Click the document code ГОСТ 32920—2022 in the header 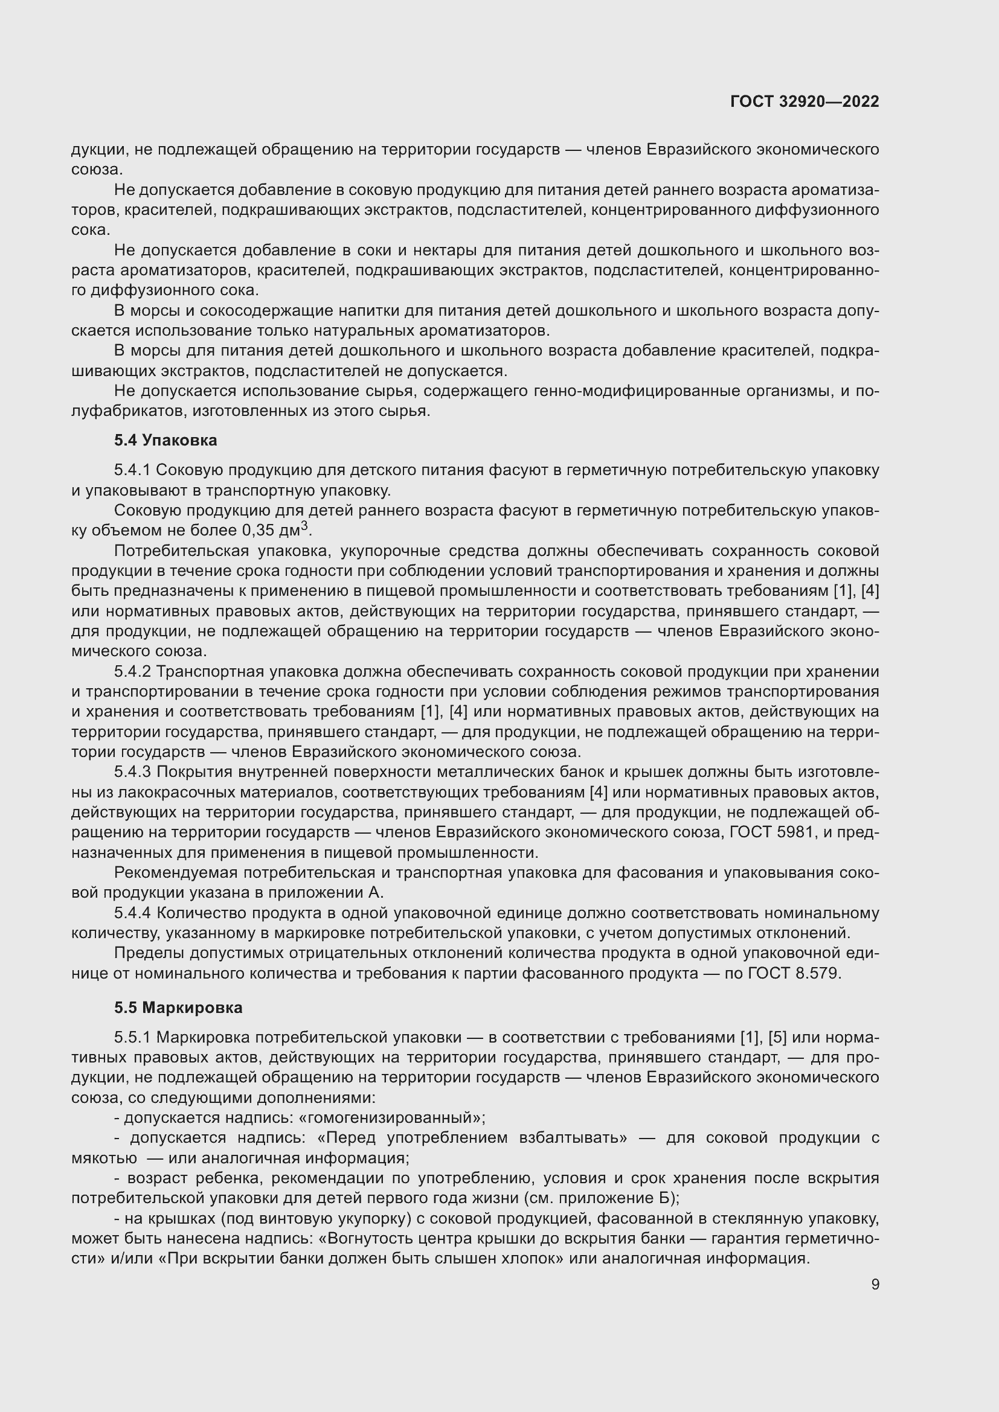pos(805,102)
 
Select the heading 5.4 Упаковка pos(165,440)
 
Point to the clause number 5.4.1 pos(132,470)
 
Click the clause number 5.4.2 pos(132,671)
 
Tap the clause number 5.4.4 pos(132,913)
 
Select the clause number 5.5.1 pos(132,1038)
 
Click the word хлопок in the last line pos(535,1258)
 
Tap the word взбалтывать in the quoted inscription pos(568,1138)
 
